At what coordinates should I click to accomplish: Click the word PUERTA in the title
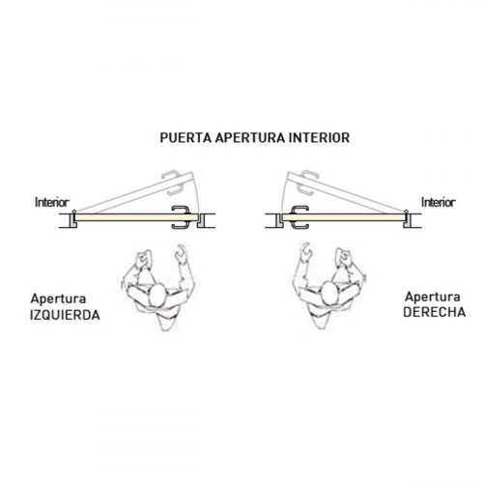[185, 138]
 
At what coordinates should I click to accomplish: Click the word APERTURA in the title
[250, 138]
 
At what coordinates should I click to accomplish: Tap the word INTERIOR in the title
[320, 138]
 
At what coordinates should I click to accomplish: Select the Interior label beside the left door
[52, 203]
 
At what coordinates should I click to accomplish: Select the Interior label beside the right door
[439, 203]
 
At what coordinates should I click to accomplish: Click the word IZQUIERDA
[65, 315]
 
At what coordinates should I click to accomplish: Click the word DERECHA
[435, 312]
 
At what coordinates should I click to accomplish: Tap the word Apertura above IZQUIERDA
[58, 299]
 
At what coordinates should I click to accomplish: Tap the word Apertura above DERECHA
[433, 297]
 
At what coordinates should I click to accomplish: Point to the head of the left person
[158, 296]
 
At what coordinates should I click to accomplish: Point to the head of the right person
[329, 294]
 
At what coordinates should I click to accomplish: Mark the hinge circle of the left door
[74, 212]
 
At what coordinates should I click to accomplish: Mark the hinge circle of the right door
[407, 212]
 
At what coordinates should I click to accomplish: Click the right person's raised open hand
[305, 251]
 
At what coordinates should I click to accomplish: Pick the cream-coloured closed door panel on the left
[136, 217]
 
